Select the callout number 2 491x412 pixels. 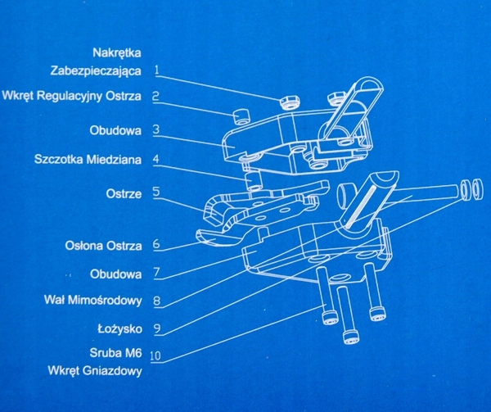pyautogui.click(x=155, y=96)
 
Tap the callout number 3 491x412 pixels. pyautogui.click(x=155, y=129)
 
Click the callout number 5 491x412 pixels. pyautogui.click(x=155, y=194)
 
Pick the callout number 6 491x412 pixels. pyautogui.click(x=155, y=244)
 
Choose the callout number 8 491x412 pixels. pyautogui.click(x=155, y=301)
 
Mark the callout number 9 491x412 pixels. pyautogui.click(x=155, y=329)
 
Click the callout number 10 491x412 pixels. pyautogui.click(x=155, y=356)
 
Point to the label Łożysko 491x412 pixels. pyautogui.click(x=119, y=329)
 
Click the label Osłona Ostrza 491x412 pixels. pyautogui.click(x=103, y=245)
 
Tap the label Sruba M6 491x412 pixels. pyautogui.click(x=117, y=355)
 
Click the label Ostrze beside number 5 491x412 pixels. pyautogui.click(x=124, y=194)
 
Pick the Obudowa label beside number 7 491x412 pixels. pyautogui.click(x=118, y=271)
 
